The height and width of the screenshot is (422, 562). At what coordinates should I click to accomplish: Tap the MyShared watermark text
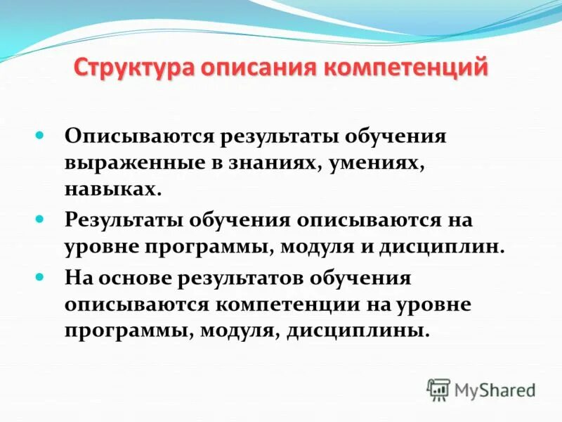[495, 389]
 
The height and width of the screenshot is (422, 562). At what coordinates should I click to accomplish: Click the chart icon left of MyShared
[438, 389]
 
